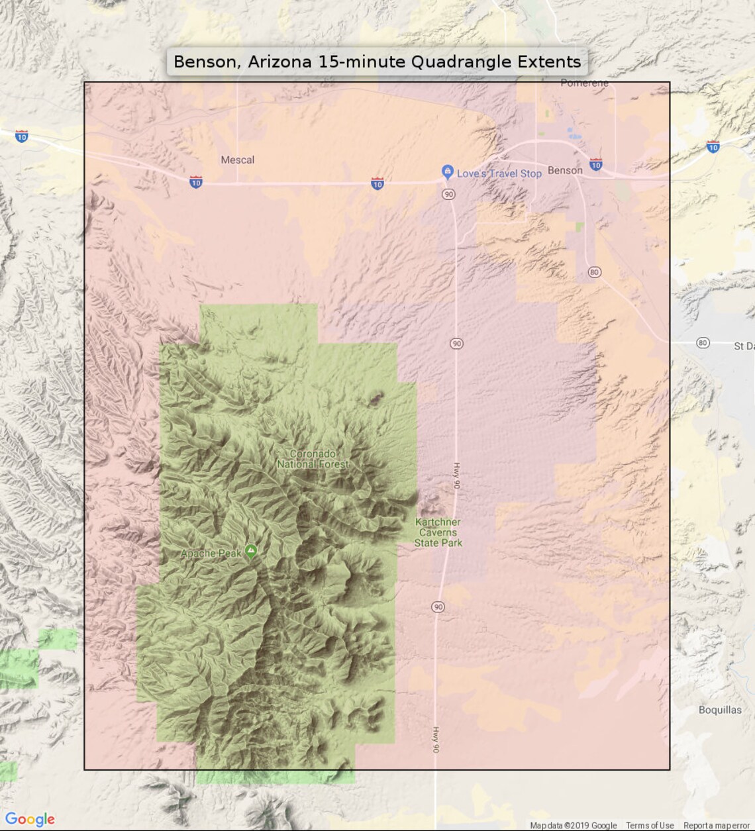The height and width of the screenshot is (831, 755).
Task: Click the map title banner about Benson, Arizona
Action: (377, 62)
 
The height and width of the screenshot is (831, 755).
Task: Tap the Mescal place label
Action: (237, 160)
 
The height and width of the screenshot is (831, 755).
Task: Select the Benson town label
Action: (565, 170)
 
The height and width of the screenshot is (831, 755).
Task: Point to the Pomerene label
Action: (584, 83)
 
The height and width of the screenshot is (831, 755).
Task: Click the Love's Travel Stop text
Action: (499, 173)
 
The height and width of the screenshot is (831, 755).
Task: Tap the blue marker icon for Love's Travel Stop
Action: (448, 171)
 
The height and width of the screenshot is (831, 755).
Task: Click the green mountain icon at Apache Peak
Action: (251, 551)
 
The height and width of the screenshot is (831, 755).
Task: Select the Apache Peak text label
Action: (211, 553)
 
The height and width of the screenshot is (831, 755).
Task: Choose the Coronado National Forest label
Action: (313, 459)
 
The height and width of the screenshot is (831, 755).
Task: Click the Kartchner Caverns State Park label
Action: (438, 532)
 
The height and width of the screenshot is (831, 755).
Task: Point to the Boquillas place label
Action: (720, 710)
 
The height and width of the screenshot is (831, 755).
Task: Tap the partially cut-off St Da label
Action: (743, 346)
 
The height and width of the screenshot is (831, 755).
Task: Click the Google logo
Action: (30, 819)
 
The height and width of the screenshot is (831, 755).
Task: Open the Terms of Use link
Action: (650, 826)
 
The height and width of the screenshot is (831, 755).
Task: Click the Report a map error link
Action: (717, 826)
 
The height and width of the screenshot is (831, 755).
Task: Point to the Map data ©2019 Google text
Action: (573, 826)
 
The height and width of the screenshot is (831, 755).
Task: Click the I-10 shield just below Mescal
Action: (196, 182)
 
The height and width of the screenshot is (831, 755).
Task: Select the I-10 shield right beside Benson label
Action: (596, 165)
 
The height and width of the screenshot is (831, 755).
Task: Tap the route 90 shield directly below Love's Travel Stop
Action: (449, 194)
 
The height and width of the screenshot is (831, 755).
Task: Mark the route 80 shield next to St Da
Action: (703, 342)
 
